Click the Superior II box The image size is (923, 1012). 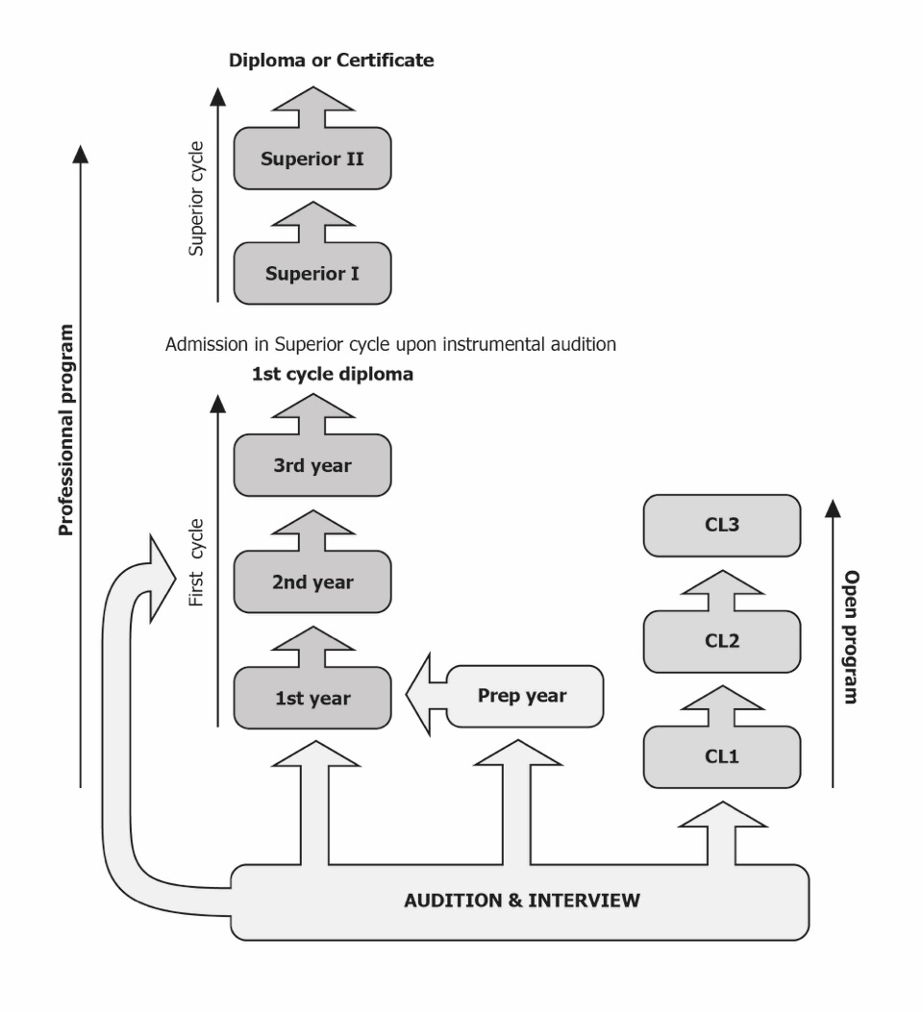pyautogui.click(x=312, y=159)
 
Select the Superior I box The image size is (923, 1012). pyautogui.click(x=312, y=274)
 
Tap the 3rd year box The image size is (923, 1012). pyautogui.click(x=312, y=466)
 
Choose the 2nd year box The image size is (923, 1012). pyautogui.click(x=312, y=582)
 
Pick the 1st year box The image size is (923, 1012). pyautogui.click(x=312, y=699)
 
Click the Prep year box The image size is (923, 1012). pyautogui.click(x=523, y=696)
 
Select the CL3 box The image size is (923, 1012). pyautogui.click(x=721, y=526)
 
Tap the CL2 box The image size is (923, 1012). pyautogui.click(x=721, y=641)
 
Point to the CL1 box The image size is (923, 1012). pyautogui.click(x=721, y=757)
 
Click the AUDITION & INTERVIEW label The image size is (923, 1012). pyautogui.click(x=521, y=901)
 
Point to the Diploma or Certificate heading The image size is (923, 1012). pyautogui.click(x=331, y=61)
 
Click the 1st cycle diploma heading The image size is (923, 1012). pyautogui.click(x=332, y=375)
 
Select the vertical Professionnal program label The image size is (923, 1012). pyautogui.click(x=65, y=430)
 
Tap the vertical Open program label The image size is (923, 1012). pyautogui.click(x=851, y=637)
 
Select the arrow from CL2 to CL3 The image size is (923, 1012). pyautogui.click(x=721, y=589)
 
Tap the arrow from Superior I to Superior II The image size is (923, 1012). pyautogui.click(x=312, y=222)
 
